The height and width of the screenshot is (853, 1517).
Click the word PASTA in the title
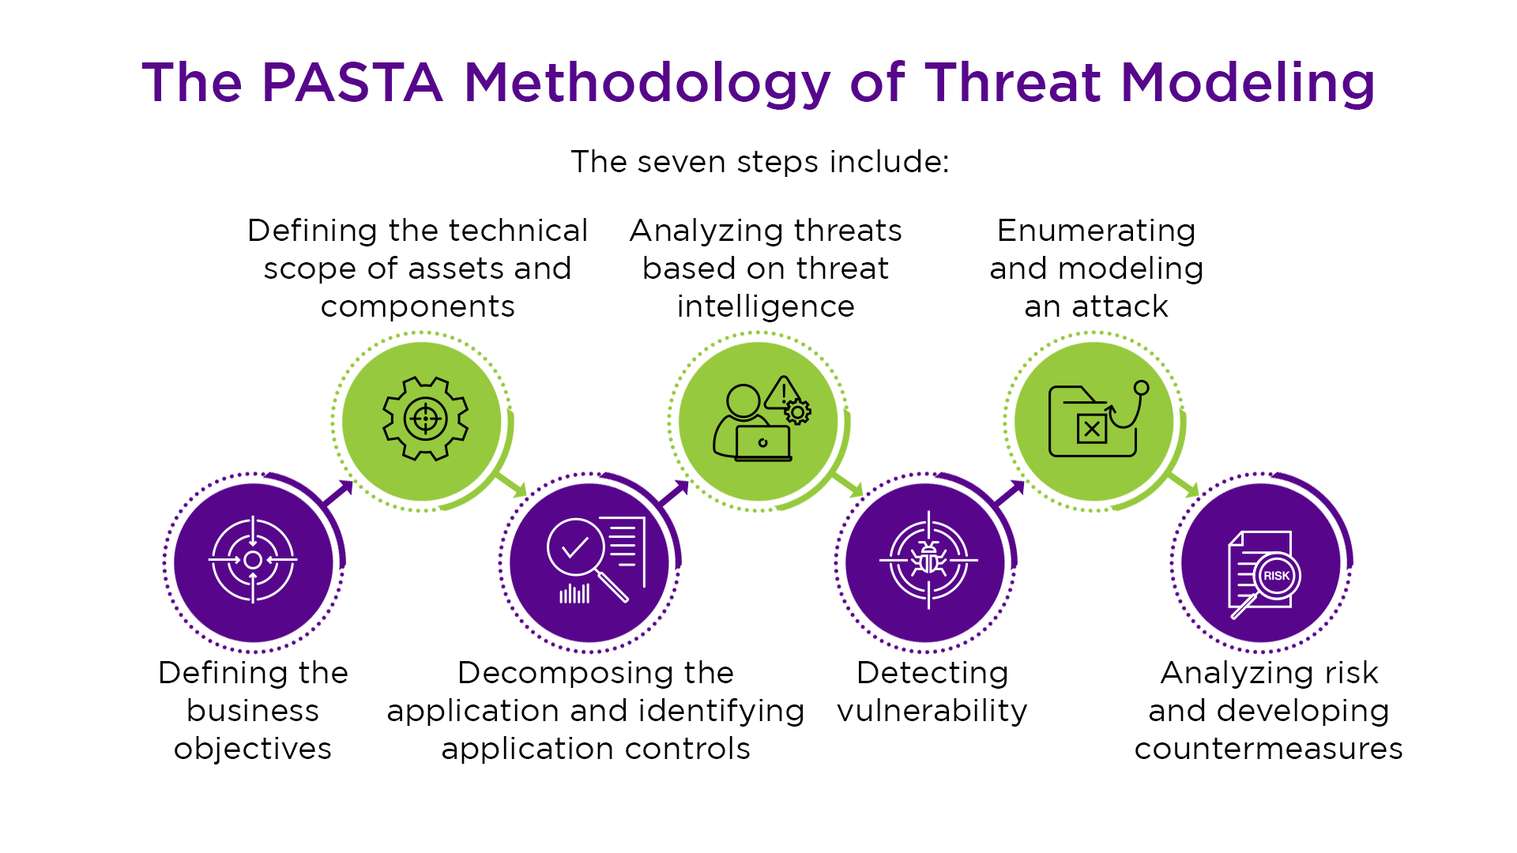pyautogui.click(x=352, y=82)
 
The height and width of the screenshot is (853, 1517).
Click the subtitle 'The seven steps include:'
pyautogui.click(x=759, y=162)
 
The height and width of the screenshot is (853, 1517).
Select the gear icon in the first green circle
pyautogui.click(x=426, y=419)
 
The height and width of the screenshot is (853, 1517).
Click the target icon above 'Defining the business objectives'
pyautogui.click(x=253, y=560)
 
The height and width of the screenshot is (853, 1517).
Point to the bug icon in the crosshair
pyautogui.click(x=929, y=560)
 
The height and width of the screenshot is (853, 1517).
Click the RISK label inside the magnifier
pyautogui.click(x=1276, y=576)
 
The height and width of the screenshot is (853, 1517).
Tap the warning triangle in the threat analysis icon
pyautogui.click(x=783, y=393)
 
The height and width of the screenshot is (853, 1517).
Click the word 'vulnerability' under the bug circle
pyautogui.click(x=932, y=711)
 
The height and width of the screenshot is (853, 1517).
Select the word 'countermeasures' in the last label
pyautogui.click(x=1269, y=749)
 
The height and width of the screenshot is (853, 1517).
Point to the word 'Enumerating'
pyautogui.click(x=1097, y=231)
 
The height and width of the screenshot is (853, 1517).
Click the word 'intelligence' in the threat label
pyautogui.click(x=766, y=306)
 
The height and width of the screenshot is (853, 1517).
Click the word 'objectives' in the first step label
pyautogui.click(x=253, y=749)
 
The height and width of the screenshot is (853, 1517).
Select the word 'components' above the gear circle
pyautogui.click(x=418, y=307)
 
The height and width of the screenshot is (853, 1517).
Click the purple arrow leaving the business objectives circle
pyautogui.click(x=337, y=494)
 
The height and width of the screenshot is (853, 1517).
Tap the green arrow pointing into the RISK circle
pyautogui.click(x=1183, y=484)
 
